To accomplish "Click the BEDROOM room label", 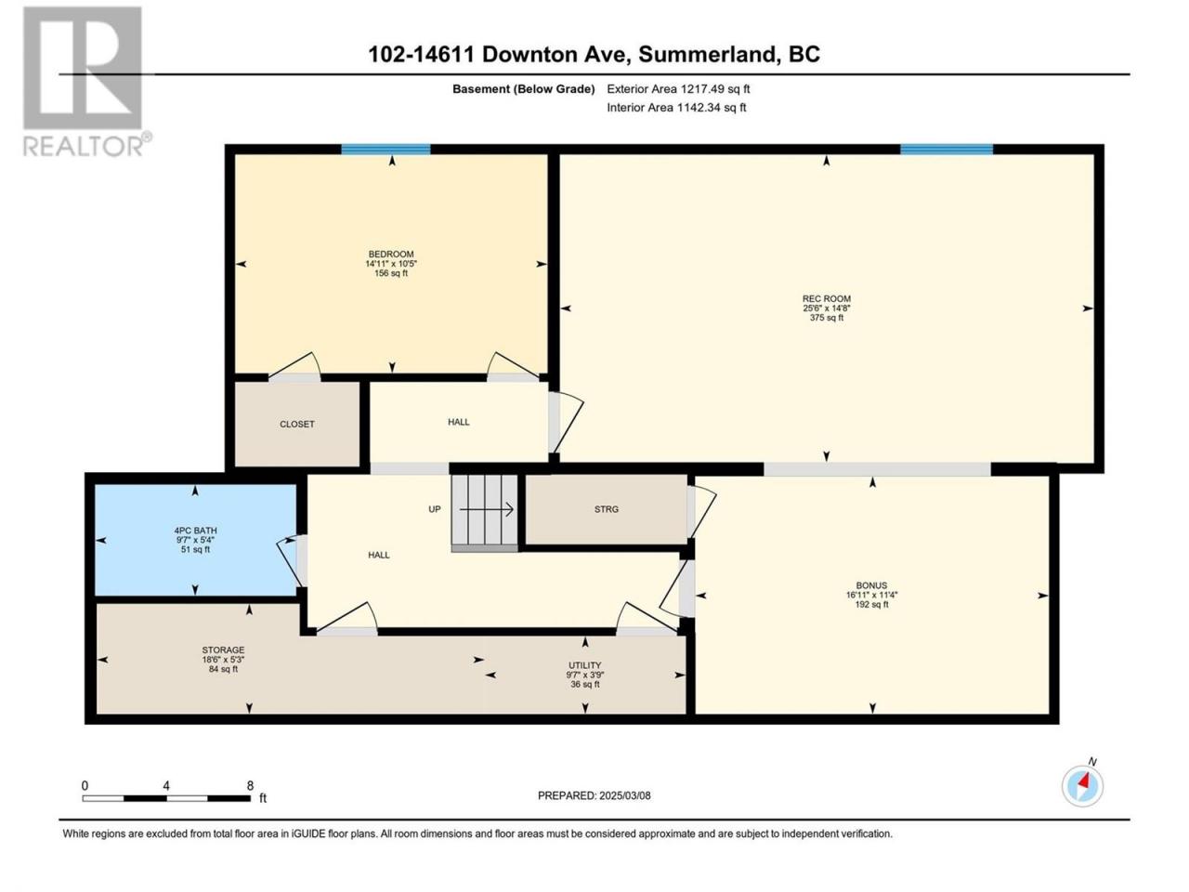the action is point(390,254).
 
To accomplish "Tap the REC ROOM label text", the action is point(826,298).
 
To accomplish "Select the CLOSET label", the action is point(297,424).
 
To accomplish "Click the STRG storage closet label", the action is point(607,509).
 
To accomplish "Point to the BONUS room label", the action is point(871,585).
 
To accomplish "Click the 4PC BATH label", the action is point(195,531).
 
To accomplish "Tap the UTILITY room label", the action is point(584,665).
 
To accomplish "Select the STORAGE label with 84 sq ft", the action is point(223,649).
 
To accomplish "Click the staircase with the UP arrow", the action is point(485,513).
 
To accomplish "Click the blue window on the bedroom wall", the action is point(385,150).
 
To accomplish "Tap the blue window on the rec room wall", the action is point(947,150).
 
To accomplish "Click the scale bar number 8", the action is point(250,785).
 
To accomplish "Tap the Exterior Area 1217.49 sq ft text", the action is point(678,89).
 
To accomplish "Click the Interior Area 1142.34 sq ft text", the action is point(676,107).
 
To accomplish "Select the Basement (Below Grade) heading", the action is point(523,89).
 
